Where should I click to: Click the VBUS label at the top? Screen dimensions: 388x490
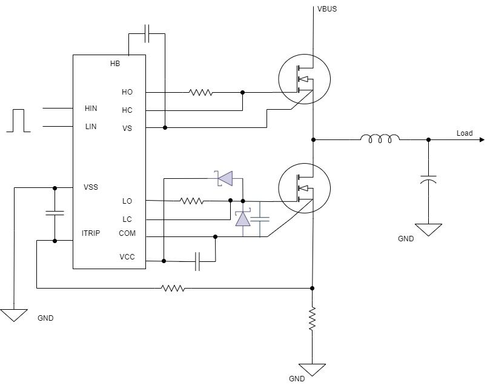(327, 10)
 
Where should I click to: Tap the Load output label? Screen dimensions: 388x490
(465, 133)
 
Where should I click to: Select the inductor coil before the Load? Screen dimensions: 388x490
(380, 139)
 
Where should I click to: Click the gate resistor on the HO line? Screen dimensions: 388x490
(200, 93)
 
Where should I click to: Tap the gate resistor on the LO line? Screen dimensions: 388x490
(191, 201)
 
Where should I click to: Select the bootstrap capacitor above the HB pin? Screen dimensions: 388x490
(149, 34)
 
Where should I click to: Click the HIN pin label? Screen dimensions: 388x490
(91, 109)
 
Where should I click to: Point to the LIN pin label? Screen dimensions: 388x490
(90, 127)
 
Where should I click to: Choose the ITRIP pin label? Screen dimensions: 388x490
(91, 233)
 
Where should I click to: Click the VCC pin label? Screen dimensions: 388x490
(127, 257)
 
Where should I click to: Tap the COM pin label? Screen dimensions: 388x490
(127, 233)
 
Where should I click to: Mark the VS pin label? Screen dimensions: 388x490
(127, 129)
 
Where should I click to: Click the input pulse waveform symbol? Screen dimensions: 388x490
(18, 120)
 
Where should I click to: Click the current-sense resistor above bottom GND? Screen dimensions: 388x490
(313, 319)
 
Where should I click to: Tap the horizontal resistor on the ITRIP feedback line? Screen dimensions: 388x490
(173, 288)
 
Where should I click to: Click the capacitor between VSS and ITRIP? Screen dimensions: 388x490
(55, 213)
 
